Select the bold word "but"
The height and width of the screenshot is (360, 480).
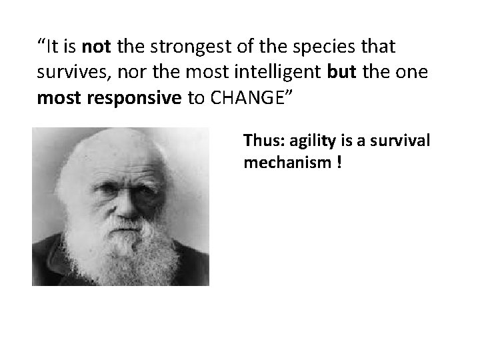tap(342, 73)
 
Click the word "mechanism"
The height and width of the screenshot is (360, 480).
tap(283, 162)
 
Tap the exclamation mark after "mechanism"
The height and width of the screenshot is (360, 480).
tap(339, 162)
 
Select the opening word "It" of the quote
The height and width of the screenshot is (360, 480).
tap(53, 47)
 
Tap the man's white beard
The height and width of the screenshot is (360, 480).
tap(123, 257)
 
